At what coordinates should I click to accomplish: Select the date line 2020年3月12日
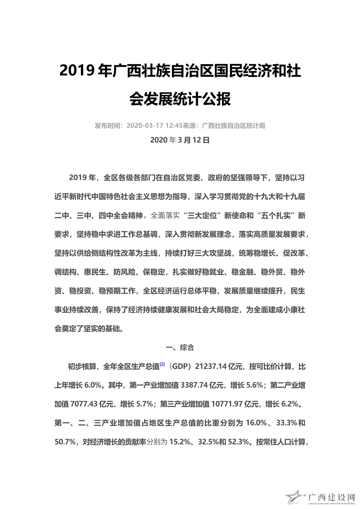point(180,140)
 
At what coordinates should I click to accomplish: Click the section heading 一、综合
point(180,348)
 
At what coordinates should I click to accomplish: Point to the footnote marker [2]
point(162,364)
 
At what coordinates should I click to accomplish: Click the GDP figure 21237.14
point(211,366)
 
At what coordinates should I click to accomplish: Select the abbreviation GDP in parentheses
point(181,366)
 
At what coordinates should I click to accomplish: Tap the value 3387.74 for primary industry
point(194,385)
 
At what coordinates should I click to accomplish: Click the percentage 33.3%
point(287,423)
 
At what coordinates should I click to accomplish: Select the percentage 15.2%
point(180,442)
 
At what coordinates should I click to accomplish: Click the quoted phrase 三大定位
point(202,215)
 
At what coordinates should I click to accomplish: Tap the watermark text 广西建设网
point(331,497)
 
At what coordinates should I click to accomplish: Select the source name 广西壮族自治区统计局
point(233,126)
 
